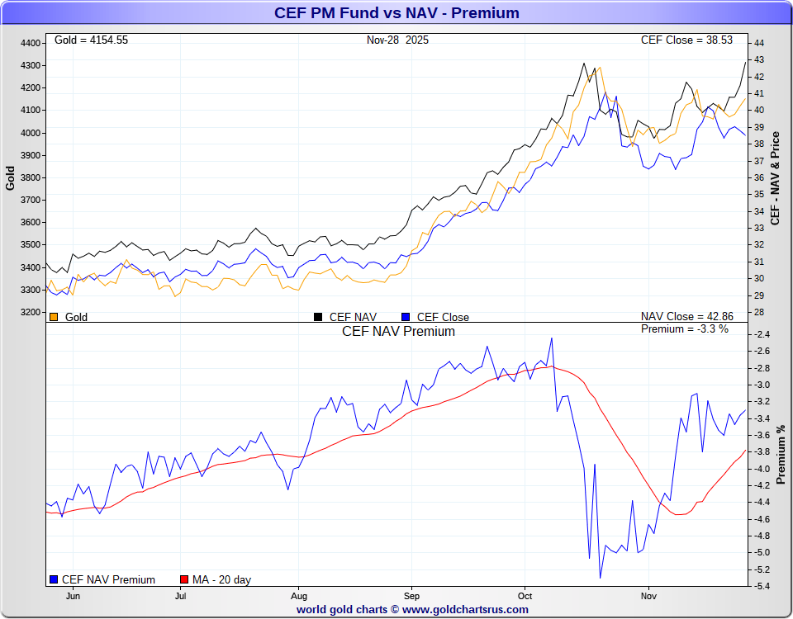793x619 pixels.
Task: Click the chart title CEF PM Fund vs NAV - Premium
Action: (396, 12)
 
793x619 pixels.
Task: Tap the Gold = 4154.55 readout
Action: (91, 40)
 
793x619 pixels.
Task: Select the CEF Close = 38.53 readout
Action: (686, 40)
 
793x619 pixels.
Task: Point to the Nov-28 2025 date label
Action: (398, 40)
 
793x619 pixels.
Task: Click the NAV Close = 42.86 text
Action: (686, 317)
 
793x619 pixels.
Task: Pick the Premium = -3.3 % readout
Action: (685, 329)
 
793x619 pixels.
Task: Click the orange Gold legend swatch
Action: (55, 317)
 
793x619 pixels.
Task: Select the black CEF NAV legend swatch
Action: (318, 317)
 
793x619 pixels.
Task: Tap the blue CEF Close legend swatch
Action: (406, 317)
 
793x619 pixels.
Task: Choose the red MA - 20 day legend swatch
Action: (185, 579)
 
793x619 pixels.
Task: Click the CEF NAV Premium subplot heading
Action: (398, 331)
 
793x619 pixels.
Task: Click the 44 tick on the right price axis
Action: (758, 43)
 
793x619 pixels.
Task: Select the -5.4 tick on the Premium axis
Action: (762, 586)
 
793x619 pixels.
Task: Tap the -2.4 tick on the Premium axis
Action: (762, 334)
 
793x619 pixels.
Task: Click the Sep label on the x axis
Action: (411, 595)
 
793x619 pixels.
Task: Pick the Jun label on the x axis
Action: (74, 595)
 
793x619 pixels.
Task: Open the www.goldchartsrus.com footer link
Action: (465, 609)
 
